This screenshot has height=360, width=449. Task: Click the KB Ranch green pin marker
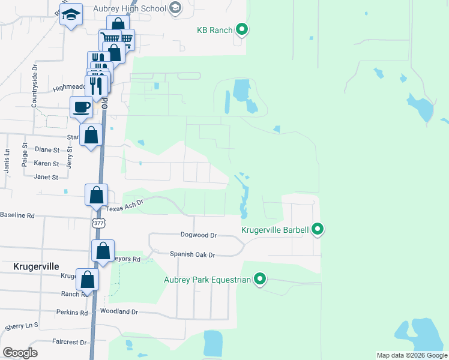[241, 29]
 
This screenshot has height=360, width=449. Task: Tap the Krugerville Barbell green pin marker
[318, 229]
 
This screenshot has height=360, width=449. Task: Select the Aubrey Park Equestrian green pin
[260, 279]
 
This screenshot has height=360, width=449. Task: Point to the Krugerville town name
[37, 265]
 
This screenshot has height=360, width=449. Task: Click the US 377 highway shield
[98, 223]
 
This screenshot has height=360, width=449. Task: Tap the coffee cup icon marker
[82, 107]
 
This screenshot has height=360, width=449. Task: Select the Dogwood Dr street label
[198, 236]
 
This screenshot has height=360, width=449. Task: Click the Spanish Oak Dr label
[192, 255]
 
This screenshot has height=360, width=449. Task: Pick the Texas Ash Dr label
[125, 205]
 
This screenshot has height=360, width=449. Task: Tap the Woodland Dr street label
[119, 312]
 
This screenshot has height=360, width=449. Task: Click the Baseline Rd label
[17, 215]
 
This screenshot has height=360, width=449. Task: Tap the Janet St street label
[46, 177]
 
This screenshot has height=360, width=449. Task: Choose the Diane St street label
[47, 150]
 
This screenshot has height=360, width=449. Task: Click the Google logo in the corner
[19, 353]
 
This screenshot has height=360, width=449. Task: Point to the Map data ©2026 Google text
[412, 355]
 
